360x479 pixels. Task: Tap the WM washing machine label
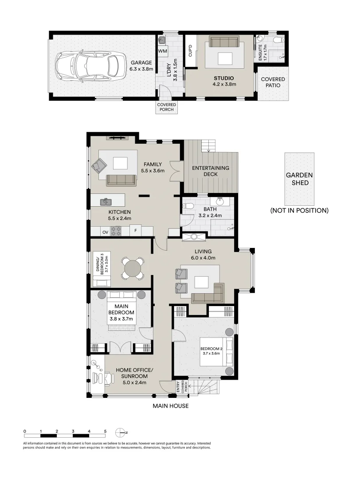[x=162, y=51]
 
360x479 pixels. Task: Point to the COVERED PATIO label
[x=273, y=82]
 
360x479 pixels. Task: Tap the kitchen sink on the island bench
[x=106, y=202]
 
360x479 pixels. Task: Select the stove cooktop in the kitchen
[x=116, y=231]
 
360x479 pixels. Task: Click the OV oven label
[x=106, y=232]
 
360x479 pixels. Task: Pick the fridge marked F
[x=136, y=231]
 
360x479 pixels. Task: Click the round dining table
[x=133, y=268]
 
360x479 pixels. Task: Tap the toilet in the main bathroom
[x=188, y=206]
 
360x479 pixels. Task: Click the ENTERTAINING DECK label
[x=210, y=171]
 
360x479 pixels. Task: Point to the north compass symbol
[x=120, y=432]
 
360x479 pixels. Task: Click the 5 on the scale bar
[x=105, y=431]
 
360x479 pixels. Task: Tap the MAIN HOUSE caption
[x=171, y=406]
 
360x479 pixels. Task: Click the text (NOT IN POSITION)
[x=299, y=210]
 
